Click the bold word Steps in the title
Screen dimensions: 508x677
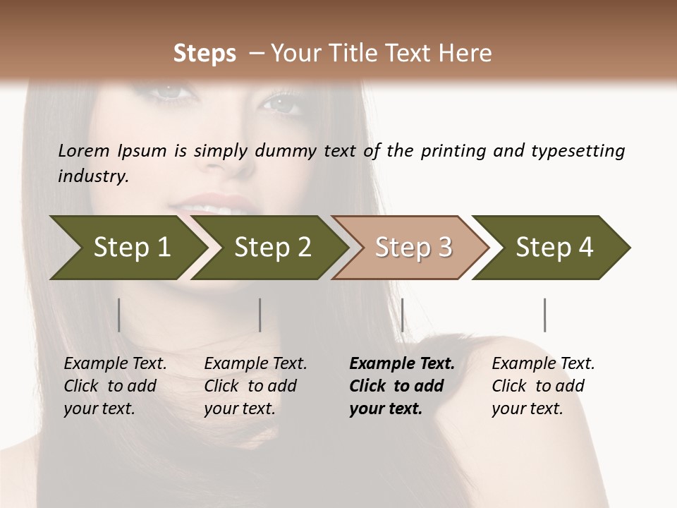pyautogui.click(x=205, y=54)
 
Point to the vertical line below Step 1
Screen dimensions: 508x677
pyautogui.click(x=119, y=315)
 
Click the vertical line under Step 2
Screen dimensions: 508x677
pyautogui.click(x=260, y=315)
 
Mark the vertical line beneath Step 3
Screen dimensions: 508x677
pyautogui.click(x=402, y=315)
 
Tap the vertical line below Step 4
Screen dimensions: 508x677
pyautogui.click(x=545, y=315)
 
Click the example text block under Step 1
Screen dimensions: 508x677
pyautogui.click(x=115, y=386)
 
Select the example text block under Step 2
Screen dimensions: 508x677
pyautogui.click(x=255, y=386)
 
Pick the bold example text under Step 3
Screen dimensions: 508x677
pyautogui.click(x=402, y=386)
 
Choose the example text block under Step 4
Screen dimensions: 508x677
pyautogui.click(x=543, y=386)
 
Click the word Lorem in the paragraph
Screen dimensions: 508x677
pyautogui.click(x=84, y=150)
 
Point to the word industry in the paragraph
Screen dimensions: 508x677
pyautogui.click(x=93, y=176)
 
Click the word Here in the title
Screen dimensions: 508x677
pyautogui.click(x=467, y=54)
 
